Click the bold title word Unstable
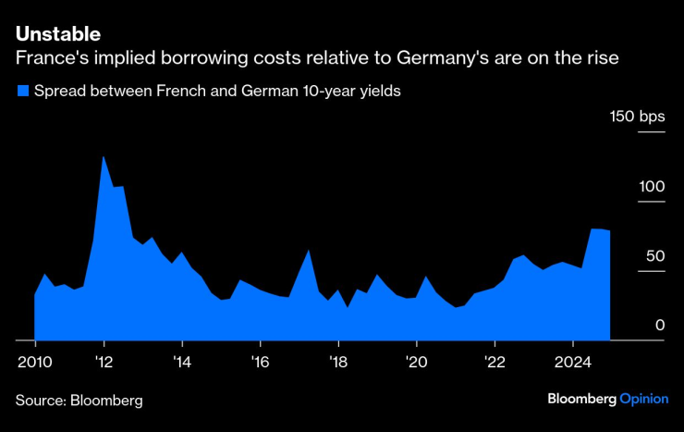point(57,33)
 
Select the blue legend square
point(22,91)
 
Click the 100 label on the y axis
point(652,186)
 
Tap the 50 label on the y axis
point(655,255)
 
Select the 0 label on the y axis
point(660,325)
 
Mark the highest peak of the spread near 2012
point(104,157)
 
